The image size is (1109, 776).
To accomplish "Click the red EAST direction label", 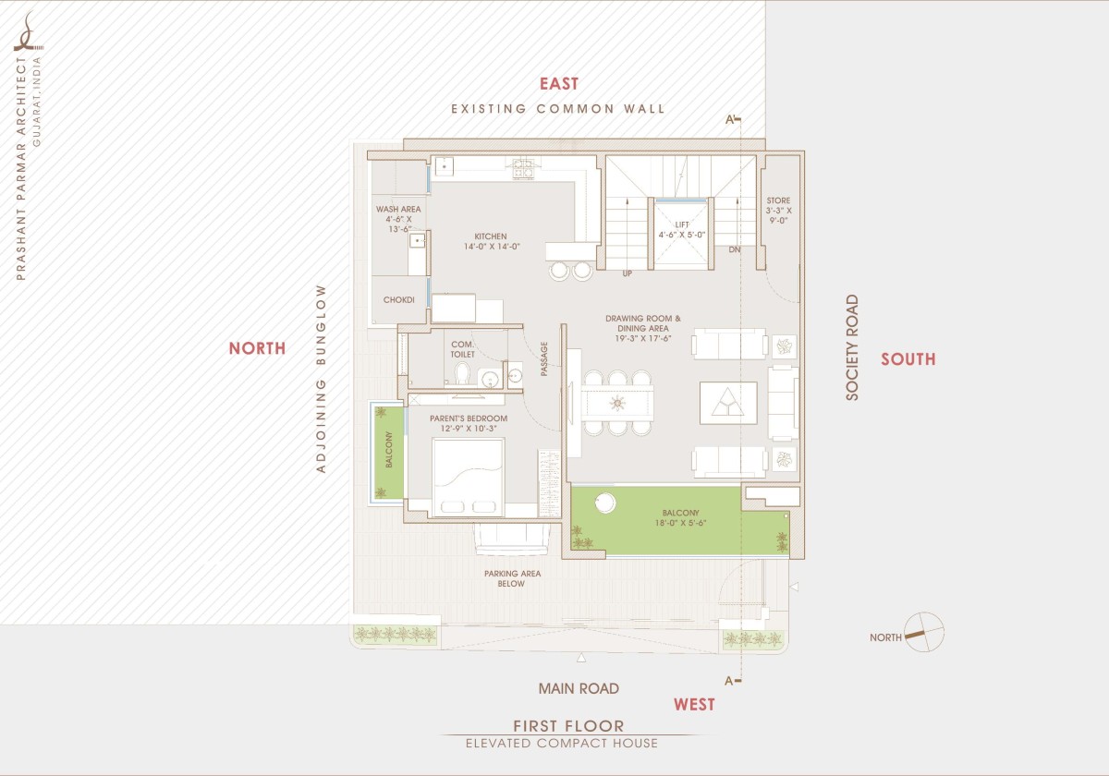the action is pos(559,84).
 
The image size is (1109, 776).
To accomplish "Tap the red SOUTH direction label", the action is pos(908,359).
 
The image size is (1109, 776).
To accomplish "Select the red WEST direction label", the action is pos(694,704).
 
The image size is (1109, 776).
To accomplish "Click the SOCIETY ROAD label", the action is pos(851,347).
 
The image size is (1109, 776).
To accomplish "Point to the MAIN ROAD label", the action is pos(579,688).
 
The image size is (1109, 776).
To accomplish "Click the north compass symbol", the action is pos(924,632).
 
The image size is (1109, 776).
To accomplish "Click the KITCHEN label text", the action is pos(491,236).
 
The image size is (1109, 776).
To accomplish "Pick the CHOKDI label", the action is pos(399,299).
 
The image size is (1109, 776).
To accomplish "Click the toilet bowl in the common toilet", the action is pos(462,373).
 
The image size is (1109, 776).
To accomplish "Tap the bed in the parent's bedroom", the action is pos(469,477).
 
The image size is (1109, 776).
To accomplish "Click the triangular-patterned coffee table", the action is pos(728,403).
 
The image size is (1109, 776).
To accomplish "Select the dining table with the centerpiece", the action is pos(617,404).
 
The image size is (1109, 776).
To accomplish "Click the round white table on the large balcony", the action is pos(605,503).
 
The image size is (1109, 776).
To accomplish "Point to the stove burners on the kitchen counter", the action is pos(523,168).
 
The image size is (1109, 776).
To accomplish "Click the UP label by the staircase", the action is pos(628,273).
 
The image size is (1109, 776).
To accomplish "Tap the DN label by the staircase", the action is pos(735,249).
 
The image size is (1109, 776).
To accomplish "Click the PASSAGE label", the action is pos(544,358).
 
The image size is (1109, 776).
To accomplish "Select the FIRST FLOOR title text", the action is pos(569,726).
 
